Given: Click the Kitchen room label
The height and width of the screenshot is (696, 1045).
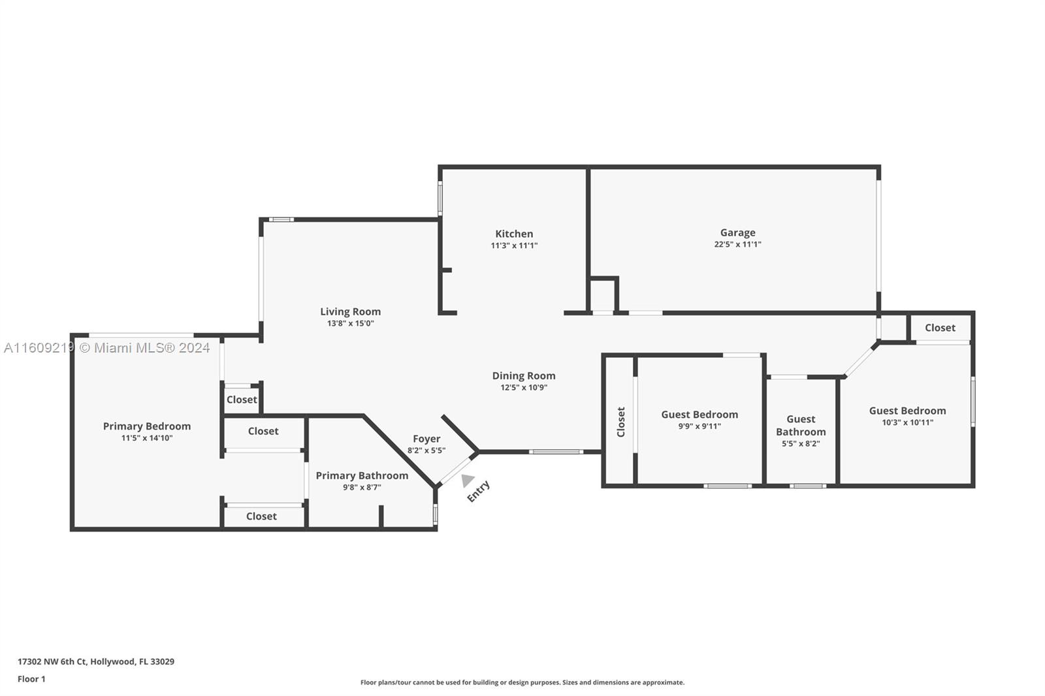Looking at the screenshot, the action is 513,234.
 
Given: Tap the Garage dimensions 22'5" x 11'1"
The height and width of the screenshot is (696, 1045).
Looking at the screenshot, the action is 737,244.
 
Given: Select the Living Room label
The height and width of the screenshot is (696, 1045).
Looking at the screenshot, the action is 350,311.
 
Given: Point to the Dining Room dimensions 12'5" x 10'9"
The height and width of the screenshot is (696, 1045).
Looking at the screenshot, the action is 524,387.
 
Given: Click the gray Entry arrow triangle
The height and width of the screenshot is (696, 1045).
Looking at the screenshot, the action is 468,480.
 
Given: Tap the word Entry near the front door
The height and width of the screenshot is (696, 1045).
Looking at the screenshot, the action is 478,491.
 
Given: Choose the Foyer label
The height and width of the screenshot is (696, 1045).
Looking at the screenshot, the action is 426,439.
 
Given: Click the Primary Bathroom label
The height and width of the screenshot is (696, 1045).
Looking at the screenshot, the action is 362,475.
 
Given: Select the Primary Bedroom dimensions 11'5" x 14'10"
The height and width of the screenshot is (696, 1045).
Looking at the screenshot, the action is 147,437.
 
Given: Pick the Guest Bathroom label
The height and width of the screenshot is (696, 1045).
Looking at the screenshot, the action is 801,426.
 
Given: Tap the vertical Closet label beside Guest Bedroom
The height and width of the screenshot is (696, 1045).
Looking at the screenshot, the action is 621,422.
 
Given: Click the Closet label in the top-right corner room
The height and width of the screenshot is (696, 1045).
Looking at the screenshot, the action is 940,328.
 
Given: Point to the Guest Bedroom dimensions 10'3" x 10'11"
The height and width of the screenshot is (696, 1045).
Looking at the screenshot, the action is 907,422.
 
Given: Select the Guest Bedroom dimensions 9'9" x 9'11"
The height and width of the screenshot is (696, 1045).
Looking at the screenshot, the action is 699,426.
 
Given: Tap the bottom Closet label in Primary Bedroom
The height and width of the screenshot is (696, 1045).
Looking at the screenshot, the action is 261,516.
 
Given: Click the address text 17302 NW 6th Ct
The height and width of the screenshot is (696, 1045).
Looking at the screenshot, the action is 52,661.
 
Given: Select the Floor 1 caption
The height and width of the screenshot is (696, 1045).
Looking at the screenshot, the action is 31,679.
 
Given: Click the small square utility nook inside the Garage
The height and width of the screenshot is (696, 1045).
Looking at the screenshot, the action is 603,295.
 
